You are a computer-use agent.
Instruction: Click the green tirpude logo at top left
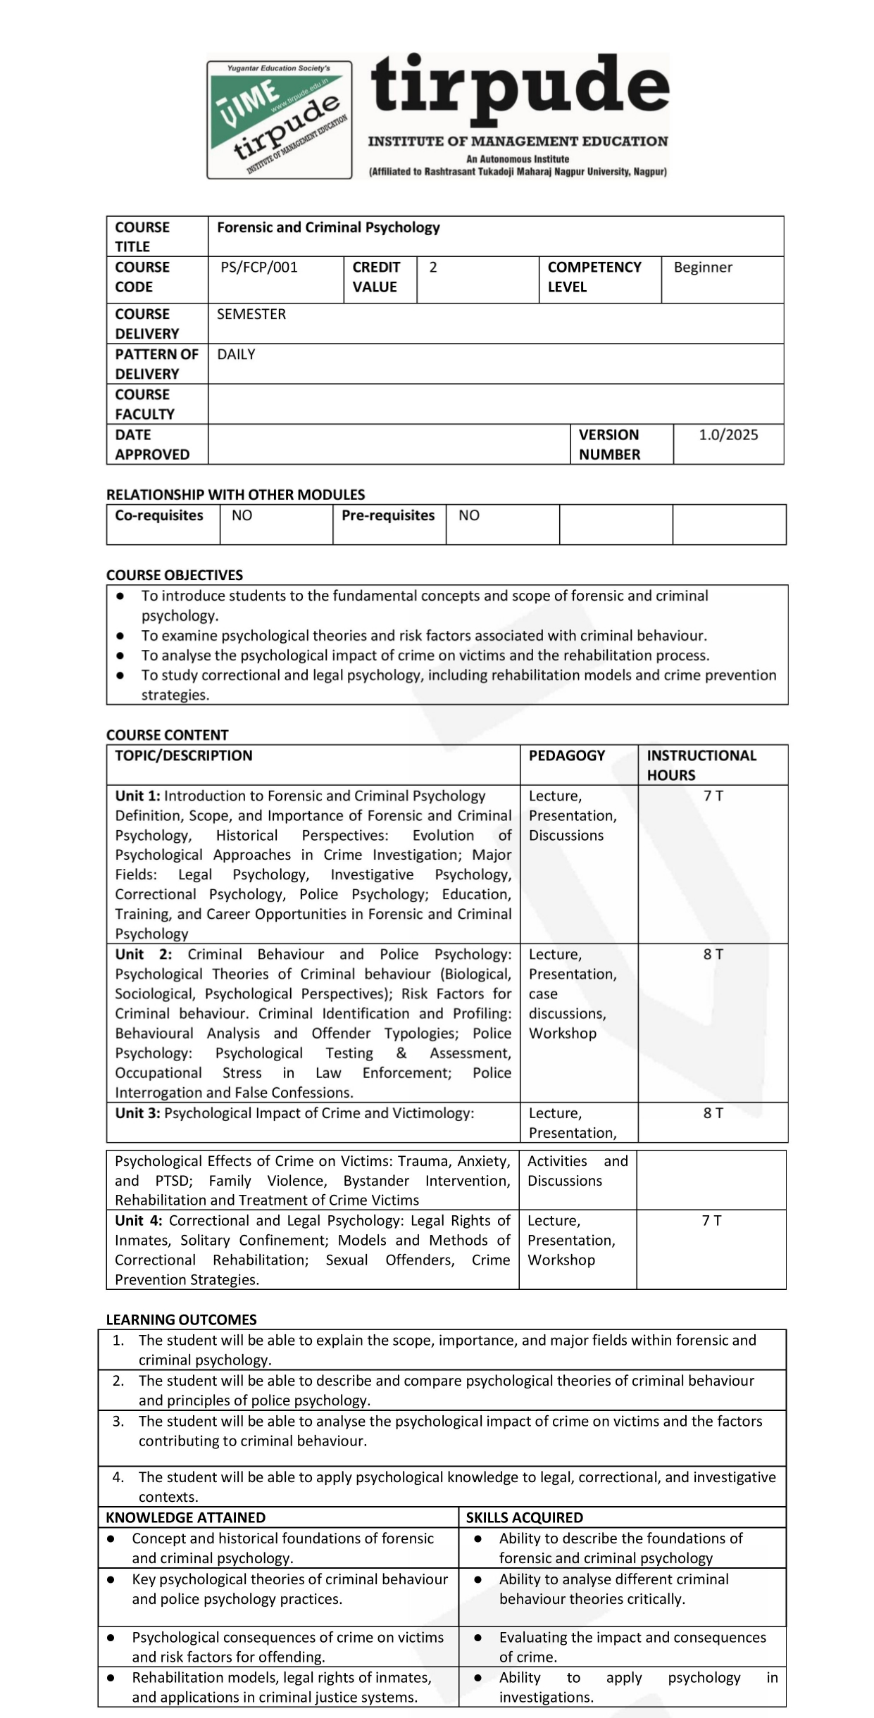click(280, 119)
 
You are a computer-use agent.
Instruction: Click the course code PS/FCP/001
click(259, 268)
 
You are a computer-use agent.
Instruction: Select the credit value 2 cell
click(433, 268)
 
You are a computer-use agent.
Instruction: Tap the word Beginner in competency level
click(703, 268)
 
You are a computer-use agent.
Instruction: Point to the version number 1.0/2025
click(728, 435)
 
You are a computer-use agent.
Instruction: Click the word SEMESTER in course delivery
click(251, 314)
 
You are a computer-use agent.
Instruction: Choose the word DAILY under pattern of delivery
click(236, 354)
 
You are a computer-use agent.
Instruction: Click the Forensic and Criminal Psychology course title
click(328, 227)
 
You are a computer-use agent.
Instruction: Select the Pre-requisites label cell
click(388, 515)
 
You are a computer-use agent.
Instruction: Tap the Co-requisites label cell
click(159, 515)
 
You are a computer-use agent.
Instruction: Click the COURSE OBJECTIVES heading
click(175, 575)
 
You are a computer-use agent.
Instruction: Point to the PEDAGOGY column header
click(567, 755)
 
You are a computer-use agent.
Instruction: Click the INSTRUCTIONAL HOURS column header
click(701, 765)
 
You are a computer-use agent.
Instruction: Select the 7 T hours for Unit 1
click(713, 796)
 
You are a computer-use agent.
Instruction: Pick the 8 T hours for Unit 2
click(713, 954)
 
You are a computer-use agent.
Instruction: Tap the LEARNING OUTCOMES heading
click(181, 1319)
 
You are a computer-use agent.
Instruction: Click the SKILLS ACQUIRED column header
click(525, 1517)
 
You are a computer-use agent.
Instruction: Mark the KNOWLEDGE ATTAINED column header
click(185, 1517)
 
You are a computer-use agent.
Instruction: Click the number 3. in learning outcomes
click(118, 1421)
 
